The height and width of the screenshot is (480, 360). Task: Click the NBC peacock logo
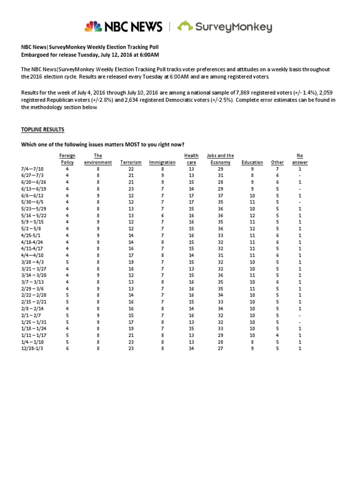[x=93, y=27]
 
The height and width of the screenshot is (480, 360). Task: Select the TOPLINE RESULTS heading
[x=43, y=129]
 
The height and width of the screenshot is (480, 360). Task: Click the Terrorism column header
[x=131, y=163]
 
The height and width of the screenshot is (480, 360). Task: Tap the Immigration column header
[x=162, y=163]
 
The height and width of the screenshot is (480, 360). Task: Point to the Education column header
[x=252, y=163]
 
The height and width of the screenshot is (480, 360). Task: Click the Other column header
[x=277, y=163]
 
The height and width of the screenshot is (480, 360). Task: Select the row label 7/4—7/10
[x=32, y=169]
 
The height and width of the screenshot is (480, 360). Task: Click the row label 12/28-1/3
[x=32, y=349]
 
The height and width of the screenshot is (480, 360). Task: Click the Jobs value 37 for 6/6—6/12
[x=221, y=195]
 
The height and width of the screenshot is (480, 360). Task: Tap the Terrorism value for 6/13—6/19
[x=131, y=189]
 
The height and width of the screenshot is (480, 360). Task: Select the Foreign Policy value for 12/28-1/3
[x=67, y=349]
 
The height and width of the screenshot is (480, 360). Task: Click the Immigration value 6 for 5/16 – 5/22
[x=162, y=216]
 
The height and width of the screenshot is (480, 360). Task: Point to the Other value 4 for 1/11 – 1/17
[x=277, y=336]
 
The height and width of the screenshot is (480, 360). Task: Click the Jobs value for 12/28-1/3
[x=221, y=349]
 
